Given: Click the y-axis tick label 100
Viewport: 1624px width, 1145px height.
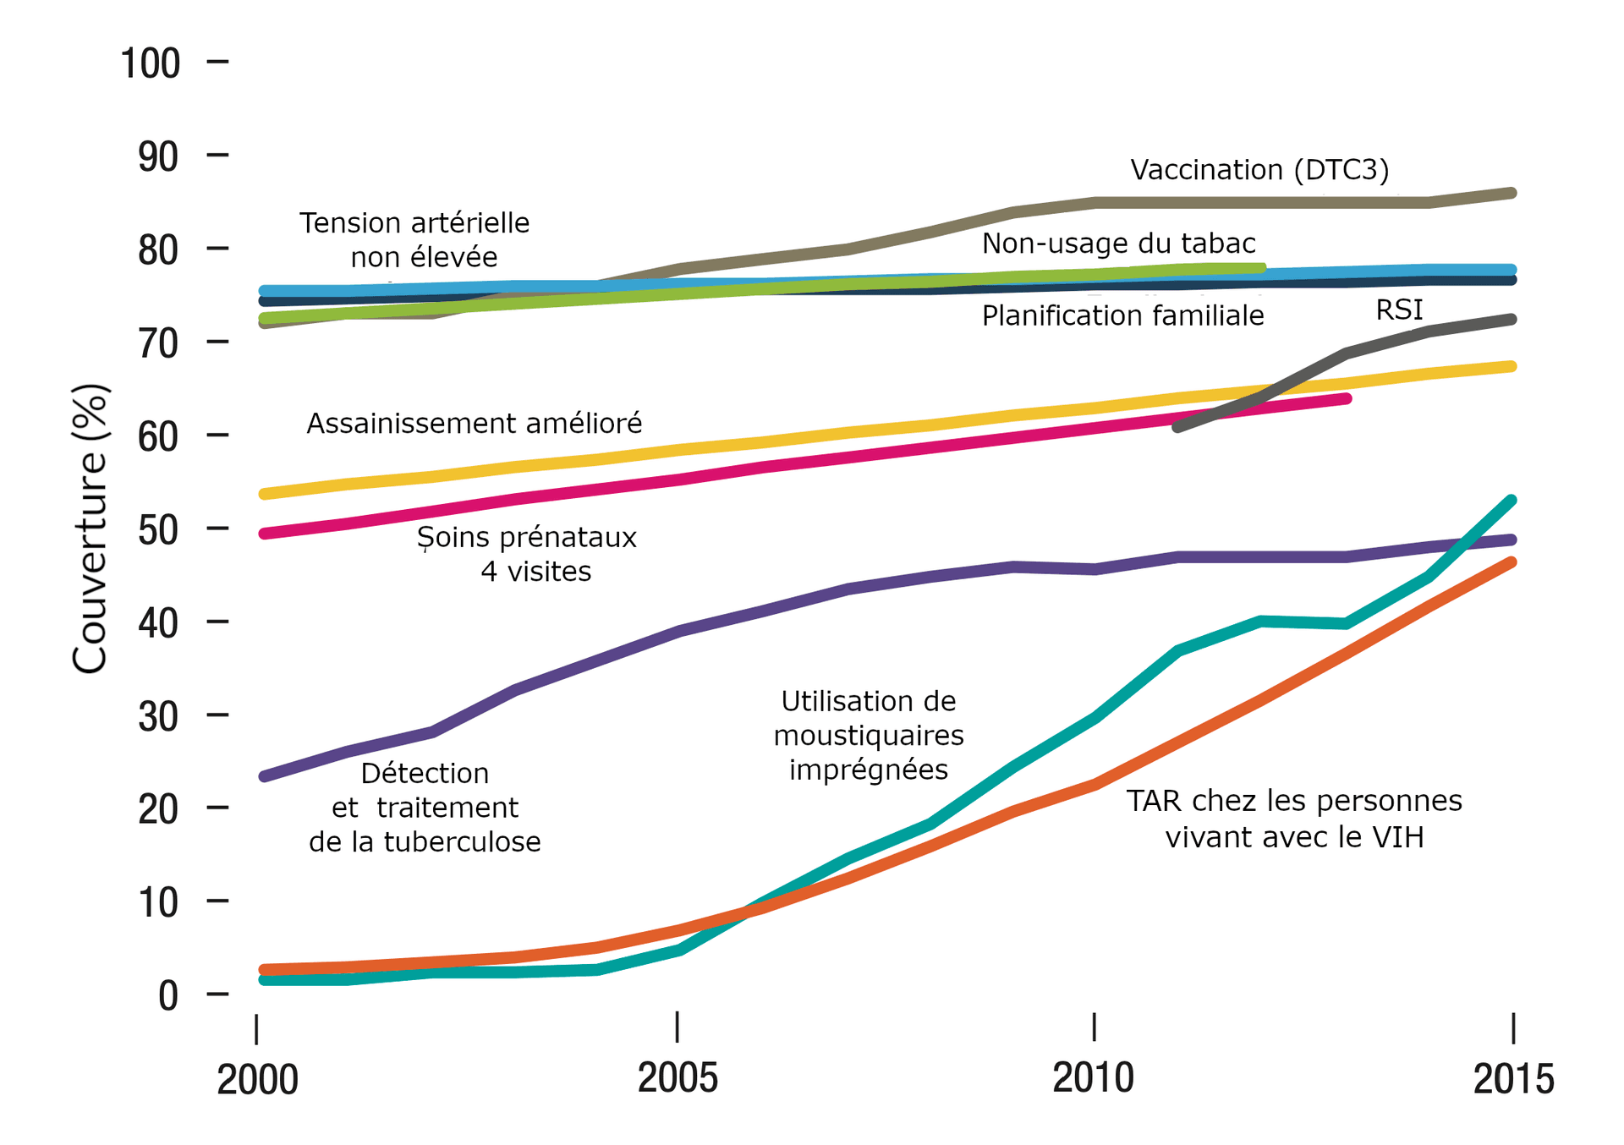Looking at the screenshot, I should click(151, 64).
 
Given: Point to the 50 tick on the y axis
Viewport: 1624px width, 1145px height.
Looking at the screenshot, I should click(158, 530).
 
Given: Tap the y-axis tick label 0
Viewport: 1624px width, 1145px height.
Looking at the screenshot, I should click(168, 996).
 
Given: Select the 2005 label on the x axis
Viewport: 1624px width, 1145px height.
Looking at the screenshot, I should click(678, 1078).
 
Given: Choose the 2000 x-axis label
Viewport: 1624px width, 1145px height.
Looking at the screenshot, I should click(257, 1080).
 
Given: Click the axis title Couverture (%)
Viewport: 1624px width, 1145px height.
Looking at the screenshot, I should click(90, 529).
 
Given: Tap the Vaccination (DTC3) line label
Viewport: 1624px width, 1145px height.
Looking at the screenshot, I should click(1259, 170).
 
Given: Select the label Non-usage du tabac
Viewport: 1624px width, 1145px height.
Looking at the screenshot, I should click(1118, 244).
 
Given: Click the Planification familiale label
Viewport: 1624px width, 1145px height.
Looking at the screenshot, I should click(1122, 316).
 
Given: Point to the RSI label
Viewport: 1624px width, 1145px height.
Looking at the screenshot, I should click(1399, 310).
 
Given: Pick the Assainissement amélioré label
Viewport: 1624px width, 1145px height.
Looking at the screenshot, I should click(474, 423).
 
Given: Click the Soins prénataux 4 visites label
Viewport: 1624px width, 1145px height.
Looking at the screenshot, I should click(528, 554).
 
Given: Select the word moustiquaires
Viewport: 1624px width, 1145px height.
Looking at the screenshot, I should click(868, 736).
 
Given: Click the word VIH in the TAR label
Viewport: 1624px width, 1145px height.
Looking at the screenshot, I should click(1397, 837).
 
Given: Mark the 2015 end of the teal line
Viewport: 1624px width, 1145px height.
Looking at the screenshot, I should click(1512, 501).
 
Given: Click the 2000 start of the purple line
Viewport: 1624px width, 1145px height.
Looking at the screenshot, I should click(264, 776).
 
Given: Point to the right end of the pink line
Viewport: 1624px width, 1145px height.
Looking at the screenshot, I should click(1347, 398).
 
